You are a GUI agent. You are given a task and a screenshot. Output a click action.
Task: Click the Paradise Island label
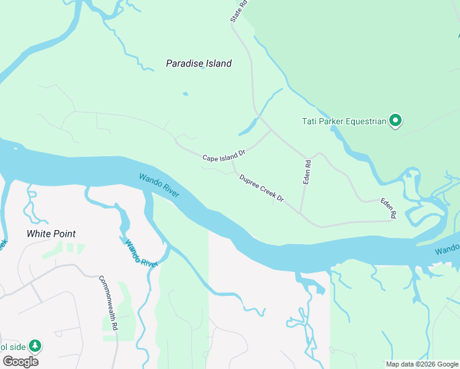(199, 63)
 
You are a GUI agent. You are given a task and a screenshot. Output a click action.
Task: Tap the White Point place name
(51, 234)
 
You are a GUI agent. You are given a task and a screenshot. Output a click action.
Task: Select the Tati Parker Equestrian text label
(343, 121)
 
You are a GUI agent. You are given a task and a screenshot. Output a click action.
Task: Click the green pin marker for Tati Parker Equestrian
(396, 121)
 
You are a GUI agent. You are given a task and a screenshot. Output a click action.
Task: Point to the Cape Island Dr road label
(224, 155)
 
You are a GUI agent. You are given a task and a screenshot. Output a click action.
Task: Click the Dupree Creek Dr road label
(261, 188)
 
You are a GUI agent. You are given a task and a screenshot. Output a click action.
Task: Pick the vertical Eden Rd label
(308, 172)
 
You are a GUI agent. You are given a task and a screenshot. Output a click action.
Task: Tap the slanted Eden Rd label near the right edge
(388, 208)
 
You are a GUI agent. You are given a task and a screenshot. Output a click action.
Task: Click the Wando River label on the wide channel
(159, 185)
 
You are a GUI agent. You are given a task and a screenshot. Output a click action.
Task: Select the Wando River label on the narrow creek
(141, 253)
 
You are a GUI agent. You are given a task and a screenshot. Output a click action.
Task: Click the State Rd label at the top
(239, 11)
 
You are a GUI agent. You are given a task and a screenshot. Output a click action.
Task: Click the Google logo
(20, 362)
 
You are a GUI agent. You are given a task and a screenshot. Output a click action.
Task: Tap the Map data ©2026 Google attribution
(422, 364)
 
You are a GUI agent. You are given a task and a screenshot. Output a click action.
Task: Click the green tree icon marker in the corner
(36, 346)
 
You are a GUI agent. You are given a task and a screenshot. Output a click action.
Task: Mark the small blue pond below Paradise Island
(185, 94)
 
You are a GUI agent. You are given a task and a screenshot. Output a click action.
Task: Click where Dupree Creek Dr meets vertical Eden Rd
(301, 213)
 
